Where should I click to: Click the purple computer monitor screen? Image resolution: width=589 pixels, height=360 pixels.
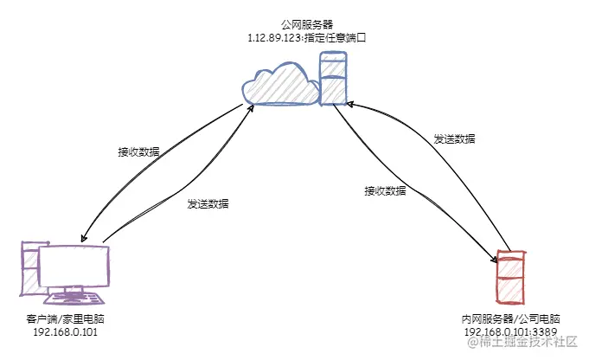coord(74,269)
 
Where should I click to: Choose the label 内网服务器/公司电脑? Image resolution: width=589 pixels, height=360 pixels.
coord(511,318)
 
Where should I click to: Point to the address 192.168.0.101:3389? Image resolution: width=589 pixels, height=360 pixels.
coord(511,331)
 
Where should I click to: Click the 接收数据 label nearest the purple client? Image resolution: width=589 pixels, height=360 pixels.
coord(138,151)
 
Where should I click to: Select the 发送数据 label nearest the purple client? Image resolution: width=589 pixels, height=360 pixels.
coord(208,204)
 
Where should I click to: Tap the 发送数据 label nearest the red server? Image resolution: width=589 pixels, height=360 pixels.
coord(454,138)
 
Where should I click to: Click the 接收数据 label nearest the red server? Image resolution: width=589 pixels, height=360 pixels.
coord(385,190)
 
